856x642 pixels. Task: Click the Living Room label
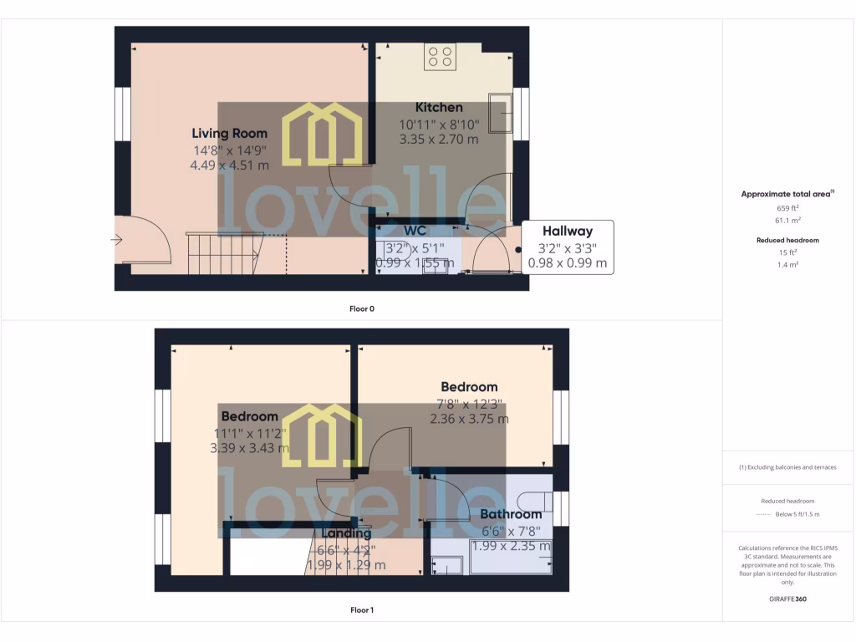230,133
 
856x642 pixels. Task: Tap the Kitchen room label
439,107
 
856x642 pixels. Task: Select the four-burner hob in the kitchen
440,57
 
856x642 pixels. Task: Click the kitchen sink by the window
502,112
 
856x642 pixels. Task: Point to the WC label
415,230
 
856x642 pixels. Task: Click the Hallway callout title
568,232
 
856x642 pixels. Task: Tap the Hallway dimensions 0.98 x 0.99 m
568,262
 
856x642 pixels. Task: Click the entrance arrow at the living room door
115,240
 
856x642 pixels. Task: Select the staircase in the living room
222,252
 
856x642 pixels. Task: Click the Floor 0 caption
362,308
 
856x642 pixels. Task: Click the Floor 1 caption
362,610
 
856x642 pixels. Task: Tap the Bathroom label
511,514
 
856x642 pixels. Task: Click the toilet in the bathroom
534,501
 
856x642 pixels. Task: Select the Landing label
346,533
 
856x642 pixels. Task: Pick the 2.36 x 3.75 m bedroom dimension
468,419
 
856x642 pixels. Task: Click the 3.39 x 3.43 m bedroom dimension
249,448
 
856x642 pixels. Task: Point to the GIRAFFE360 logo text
788,599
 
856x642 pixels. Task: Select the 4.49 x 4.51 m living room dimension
230,166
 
